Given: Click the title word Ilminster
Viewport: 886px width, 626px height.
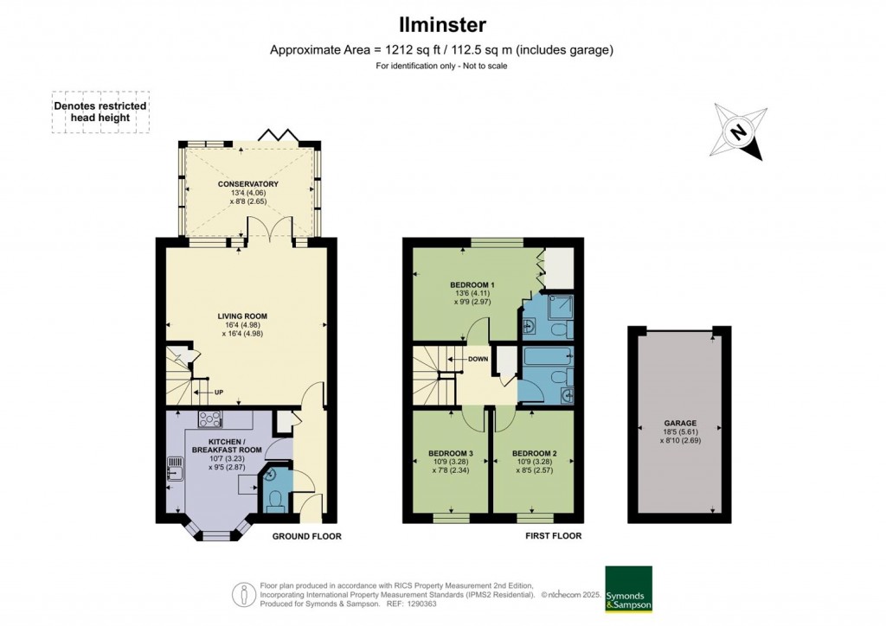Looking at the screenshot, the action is [x=442, y=25].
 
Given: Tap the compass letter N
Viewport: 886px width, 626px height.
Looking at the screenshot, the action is [x=737, y=132].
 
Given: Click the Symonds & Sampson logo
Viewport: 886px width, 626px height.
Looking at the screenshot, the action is [x=628, y=590].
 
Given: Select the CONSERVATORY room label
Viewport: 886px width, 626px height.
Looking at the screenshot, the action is [x=248, y=184].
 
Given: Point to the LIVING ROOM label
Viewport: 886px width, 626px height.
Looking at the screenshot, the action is [x=242, y=316].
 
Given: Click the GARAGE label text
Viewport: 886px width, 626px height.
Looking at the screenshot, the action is [x=680, y=423].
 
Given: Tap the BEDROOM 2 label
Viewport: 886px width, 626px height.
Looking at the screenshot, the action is [x=535, y=453].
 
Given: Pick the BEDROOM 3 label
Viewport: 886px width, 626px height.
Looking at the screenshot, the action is [x=450, y=453].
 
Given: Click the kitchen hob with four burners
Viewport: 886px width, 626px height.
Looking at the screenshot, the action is [x=209, y=418].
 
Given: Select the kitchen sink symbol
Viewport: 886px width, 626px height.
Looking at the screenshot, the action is [x=175, y=468].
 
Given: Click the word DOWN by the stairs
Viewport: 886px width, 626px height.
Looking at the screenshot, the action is [x=478, y=359].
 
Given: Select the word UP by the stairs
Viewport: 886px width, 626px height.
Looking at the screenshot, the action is [x=219, y=393].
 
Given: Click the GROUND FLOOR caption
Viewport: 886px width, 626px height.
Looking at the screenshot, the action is [x=307, y=536].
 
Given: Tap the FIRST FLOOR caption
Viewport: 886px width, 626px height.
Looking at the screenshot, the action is [x=553, y=536].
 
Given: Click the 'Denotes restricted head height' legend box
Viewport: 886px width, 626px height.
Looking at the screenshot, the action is [x=100, y=112].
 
